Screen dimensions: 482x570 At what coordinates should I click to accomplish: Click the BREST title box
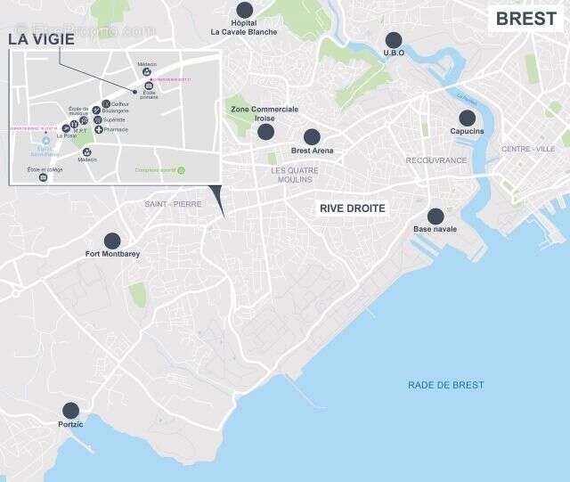pyautogui.click(x=525, y=19)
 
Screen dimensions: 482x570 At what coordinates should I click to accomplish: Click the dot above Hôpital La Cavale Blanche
pyautogui.click(x=244, y=10)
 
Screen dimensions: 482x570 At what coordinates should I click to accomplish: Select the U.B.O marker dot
pyautogui.click(x=394, y=39)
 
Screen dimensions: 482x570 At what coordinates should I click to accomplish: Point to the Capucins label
pyautogui.click(x=467, y=131)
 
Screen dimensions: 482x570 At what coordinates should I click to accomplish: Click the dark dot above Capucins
pyautogui.click(x=467, y=118)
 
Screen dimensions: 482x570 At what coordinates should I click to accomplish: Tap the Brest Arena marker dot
pyautogui.click(x=312, y=137)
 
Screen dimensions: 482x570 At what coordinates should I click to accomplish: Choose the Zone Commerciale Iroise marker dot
pyautogui.click(x=265, y=132)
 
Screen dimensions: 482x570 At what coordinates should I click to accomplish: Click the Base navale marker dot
pyautogui.click(x=436, y=216)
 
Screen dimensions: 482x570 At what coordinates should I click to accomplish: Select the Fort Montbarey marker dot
pyautogui.click(x=112, y=241)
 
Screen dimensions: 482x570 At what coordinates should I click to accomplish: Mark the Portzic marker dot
pyautogui.click(x=70, y=411)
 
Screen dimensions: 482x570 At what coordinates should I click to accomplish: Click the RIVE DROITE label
pyautogui.click(x=353, y=208)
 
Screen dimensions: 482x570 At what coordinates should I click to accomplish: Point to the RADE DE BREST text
pyautogui.click(x=446, y=385)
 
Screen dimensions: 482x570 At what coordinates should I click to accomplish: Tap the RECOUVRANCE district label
pyautogui.click(x=436, y=160)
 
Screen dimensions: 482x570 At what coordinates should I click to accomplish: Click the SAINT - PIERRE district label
pyautogui.click(x=173, y=204)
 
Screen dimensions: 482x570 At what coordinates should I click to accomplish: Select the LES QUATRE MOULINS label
pyautogui.click(x=294, y=174)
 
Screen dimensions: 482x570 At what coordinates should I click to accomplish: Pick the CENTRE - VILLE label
pyautogui.click(x=528, y=149)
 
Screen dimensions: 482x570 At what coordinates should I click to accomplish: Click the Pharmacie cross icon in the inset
pyautogui.click(x=98, y=129)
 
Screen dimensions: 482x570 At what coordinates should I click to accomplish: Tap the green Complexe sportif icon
pyautogui.click(x=181, y=169)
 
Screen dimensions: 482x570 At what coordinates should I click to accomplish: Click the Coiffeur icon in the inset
pyautogui.click(x=107, y=104)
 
